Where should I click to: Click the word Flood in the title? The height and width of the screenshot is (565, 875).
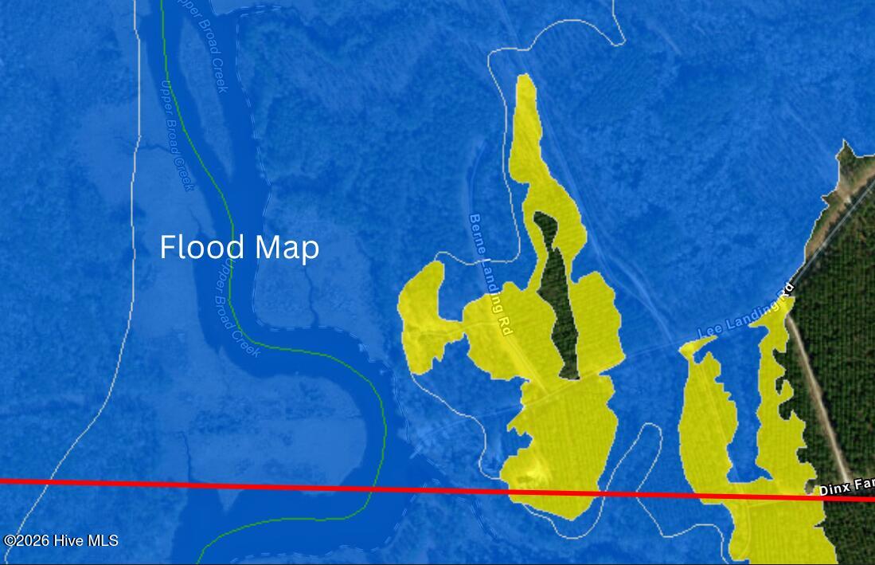tap(194, 247)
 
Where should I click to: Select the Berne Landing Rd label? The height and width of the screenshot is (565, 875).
tap(490, 273)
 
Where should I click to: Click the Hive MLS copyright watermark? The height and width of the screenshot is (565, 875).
tap(61, 540)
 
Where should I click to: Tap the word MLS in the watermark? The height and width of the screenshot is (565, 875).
tap(102, 540)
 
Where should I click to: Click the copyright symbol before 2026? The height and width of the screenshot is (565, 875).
tap(10, 540)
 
